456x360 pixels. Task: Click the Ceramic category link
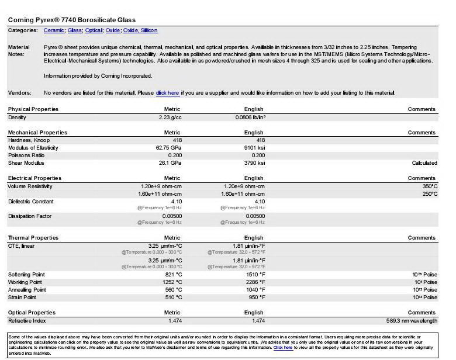(x=54, y=30)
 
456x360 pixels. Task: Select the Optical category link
(x=93, y=30)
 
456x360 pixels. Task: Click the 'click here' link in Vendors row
(x=168, y=93)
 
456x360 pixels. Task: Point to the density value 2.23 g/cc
(x=170, y=117)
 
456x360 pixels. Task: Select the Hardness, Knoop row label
(x=29, y=140)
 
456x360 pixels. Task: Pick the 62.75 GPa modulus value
(x=168, y=148)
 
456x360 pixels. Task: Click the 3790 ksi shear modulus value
(x=254, y=163)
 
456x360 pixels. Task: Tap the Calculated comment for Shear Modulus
(x=424, y=163)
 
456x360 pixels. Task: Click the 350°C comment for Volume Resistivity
(x=430, y=186)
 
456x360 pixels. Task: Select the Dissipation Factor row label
(x=30, y=216)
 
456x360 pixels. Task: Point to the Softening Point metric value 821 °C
(x=173, y=275)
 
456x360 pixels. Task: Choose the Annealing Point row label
(x=27, y=290)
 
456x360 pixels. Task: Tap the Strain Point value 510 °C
(x=173, y=297)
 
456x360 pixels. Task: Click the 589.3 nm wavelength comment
(x=412, y=321)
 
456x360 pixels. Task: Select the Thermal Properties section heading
(x=33, y=238)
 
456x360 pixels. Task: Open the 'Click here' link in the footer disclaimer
(x=283, y=347)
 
